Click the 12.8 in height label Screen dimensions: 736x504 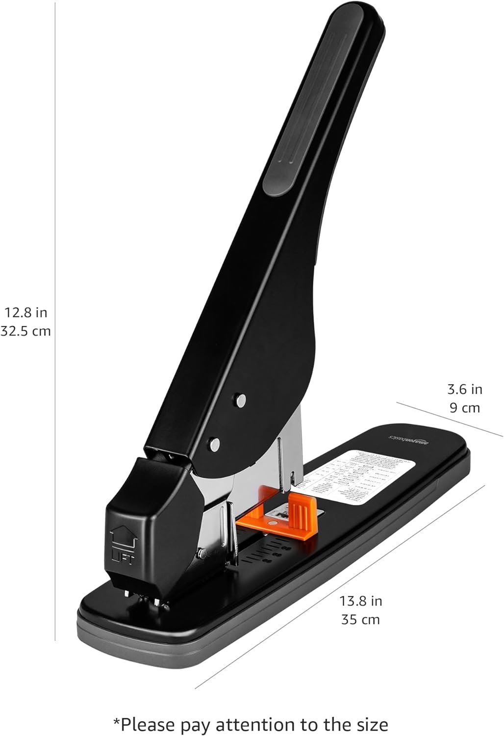(26, 312)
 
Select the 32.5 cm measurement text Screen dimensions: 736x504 (26, 331)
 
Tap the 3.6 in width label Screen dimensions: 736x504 (464, 389)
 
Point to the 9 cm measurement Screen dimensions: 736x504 (464, 408)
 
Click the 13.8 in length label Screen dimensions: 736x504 (361, 601)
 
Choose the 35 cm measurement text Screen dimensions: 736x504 (361, 619)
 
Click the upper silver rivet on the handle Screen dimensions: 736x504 (240, 400)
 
